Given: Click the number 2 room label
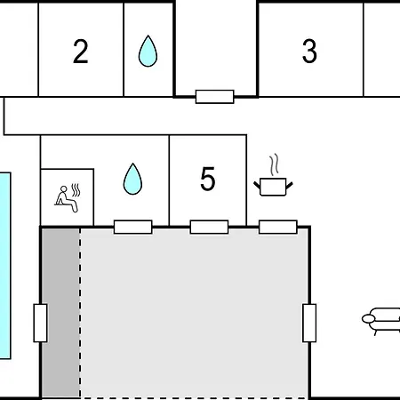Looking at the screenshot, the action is (x=81, y=52).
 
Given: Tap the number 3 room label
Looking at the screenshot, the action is (x=309, y=52).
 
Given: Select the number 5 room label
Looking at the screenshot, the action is (x=207, y=179).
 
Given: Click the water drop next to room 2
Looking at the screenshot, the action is (x=148, y=51).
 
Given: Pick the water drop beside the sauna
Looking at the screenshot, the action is (x=132, y=179).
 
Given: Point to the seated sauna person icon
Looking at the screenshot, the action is (x=68, y=198).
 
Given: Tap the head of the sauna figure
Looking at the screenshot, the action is (x=64, y=189).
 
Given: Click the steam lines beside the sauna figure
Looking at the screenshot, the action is (x=76, y=190).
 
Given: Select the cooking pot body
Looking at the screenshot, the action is (x=273, y=187).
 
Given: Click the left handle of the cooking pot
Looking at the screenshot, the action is (x=257, y=186).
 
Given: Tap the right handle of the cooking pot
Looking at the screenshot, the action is (x=290, y=186).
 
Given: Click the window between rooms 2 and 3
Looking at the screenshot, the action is (x=215, y=97).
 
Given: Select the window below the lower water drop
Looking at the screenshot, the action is (x=133, y=227).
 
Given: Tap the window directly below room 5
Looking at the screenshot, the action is (x=209, y=227).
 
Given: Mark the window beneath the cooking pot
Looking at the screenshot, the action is (x=278, y=227).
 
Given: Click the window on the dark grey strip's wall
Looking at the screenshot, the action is (x=40, y=323).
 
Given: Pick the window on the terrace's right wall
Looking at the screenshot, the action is (x=309, y=323).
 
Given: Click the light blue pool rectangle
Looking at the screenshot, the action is (x=5, y=266).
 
